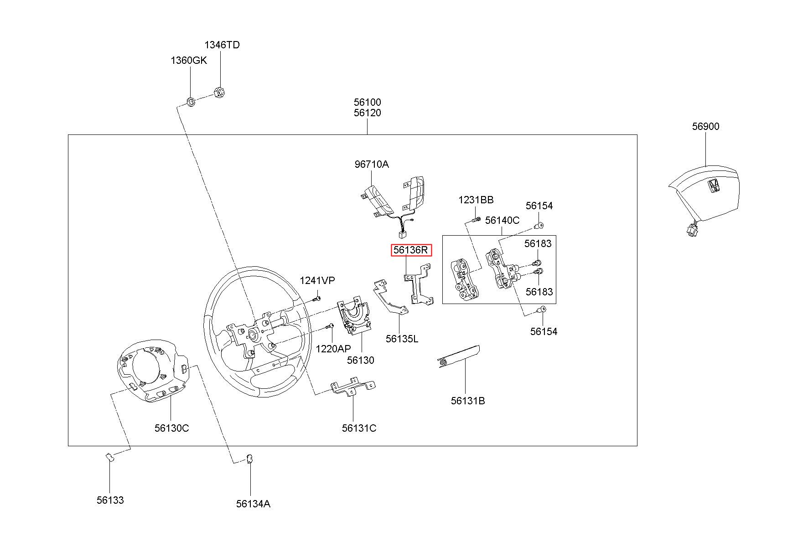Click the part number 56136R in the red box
[x=411, y=250]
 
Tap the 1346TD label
[x=222, y=45]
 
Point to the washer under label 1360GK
[x=192, y=101]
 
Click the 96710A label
[x=372, y=164]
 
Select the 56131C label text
[x=359, y=428]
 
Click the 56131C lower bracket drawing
[x=352, y=387]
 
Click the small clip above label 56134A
[x=250, y=459]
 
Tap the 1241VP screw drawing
[x=317, y=299]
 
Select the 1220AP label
[x=333, y=349]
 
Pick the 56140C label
[x=502, y=220]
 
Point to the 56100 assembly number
[x=367, y=102]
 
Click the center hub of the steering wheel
[x=252, y=335]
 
